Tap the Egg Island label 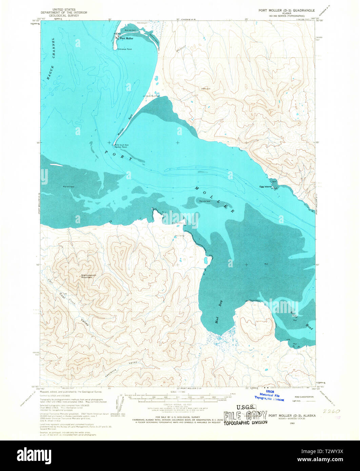[x=265, y=187]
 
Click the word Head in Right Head [x=310, y=327]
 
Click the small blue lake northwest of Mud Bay [x=206, y=261]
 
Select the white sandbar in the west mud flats [x=56, y=165]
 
